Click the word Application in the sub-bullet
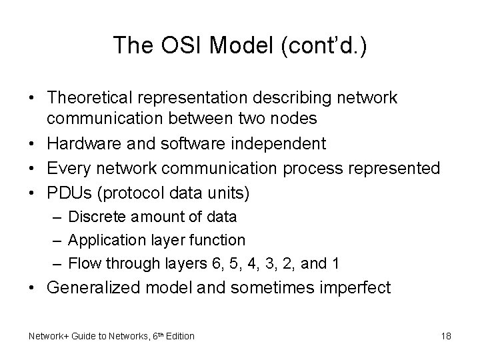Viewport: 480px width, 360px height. tap(101, 239)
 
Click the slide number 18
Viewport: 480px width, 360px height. tap(446, 336)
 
